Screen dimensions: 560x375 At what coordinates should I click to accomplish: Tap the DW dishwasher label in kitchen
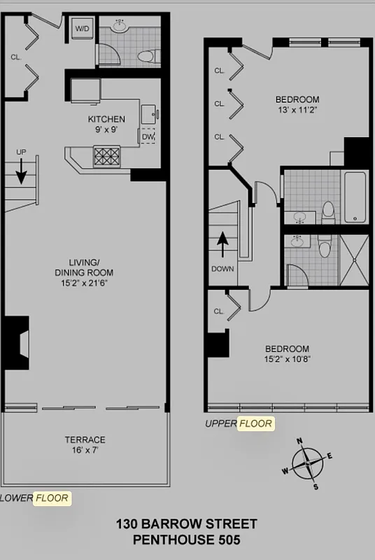point(148,136)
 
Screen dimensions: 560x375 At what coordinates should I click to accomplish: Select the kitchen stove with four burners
point(107,155)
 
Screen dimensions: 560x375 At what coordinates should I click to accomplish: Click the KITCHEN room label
point(106,119)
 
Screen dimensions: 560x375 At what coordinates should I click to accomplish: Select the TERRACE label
point(85,440)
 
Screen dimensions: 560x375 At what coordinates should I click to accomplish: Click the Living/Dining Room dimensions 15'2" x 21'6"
point(85,283)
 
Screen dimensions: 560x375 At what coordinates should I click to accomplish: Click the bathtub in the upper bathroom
point(356,197)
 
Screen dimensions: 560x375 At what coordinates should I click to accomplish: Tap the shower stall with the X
point(355,260)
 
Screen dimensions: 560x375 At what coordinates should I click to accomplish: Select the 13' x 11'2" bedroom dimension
point(297,110)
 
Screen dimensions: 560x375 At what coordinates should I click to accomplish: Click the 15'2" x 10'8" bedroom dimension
point(287,360)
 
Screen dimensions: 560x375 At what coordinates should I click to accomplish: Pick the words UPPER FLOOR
point(239,423)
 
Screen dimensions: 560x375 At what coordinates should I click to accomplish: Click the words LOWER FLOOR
point(35,498)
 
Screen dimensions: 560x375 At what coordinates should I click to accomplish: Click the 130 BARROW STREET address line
point(186,524)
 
